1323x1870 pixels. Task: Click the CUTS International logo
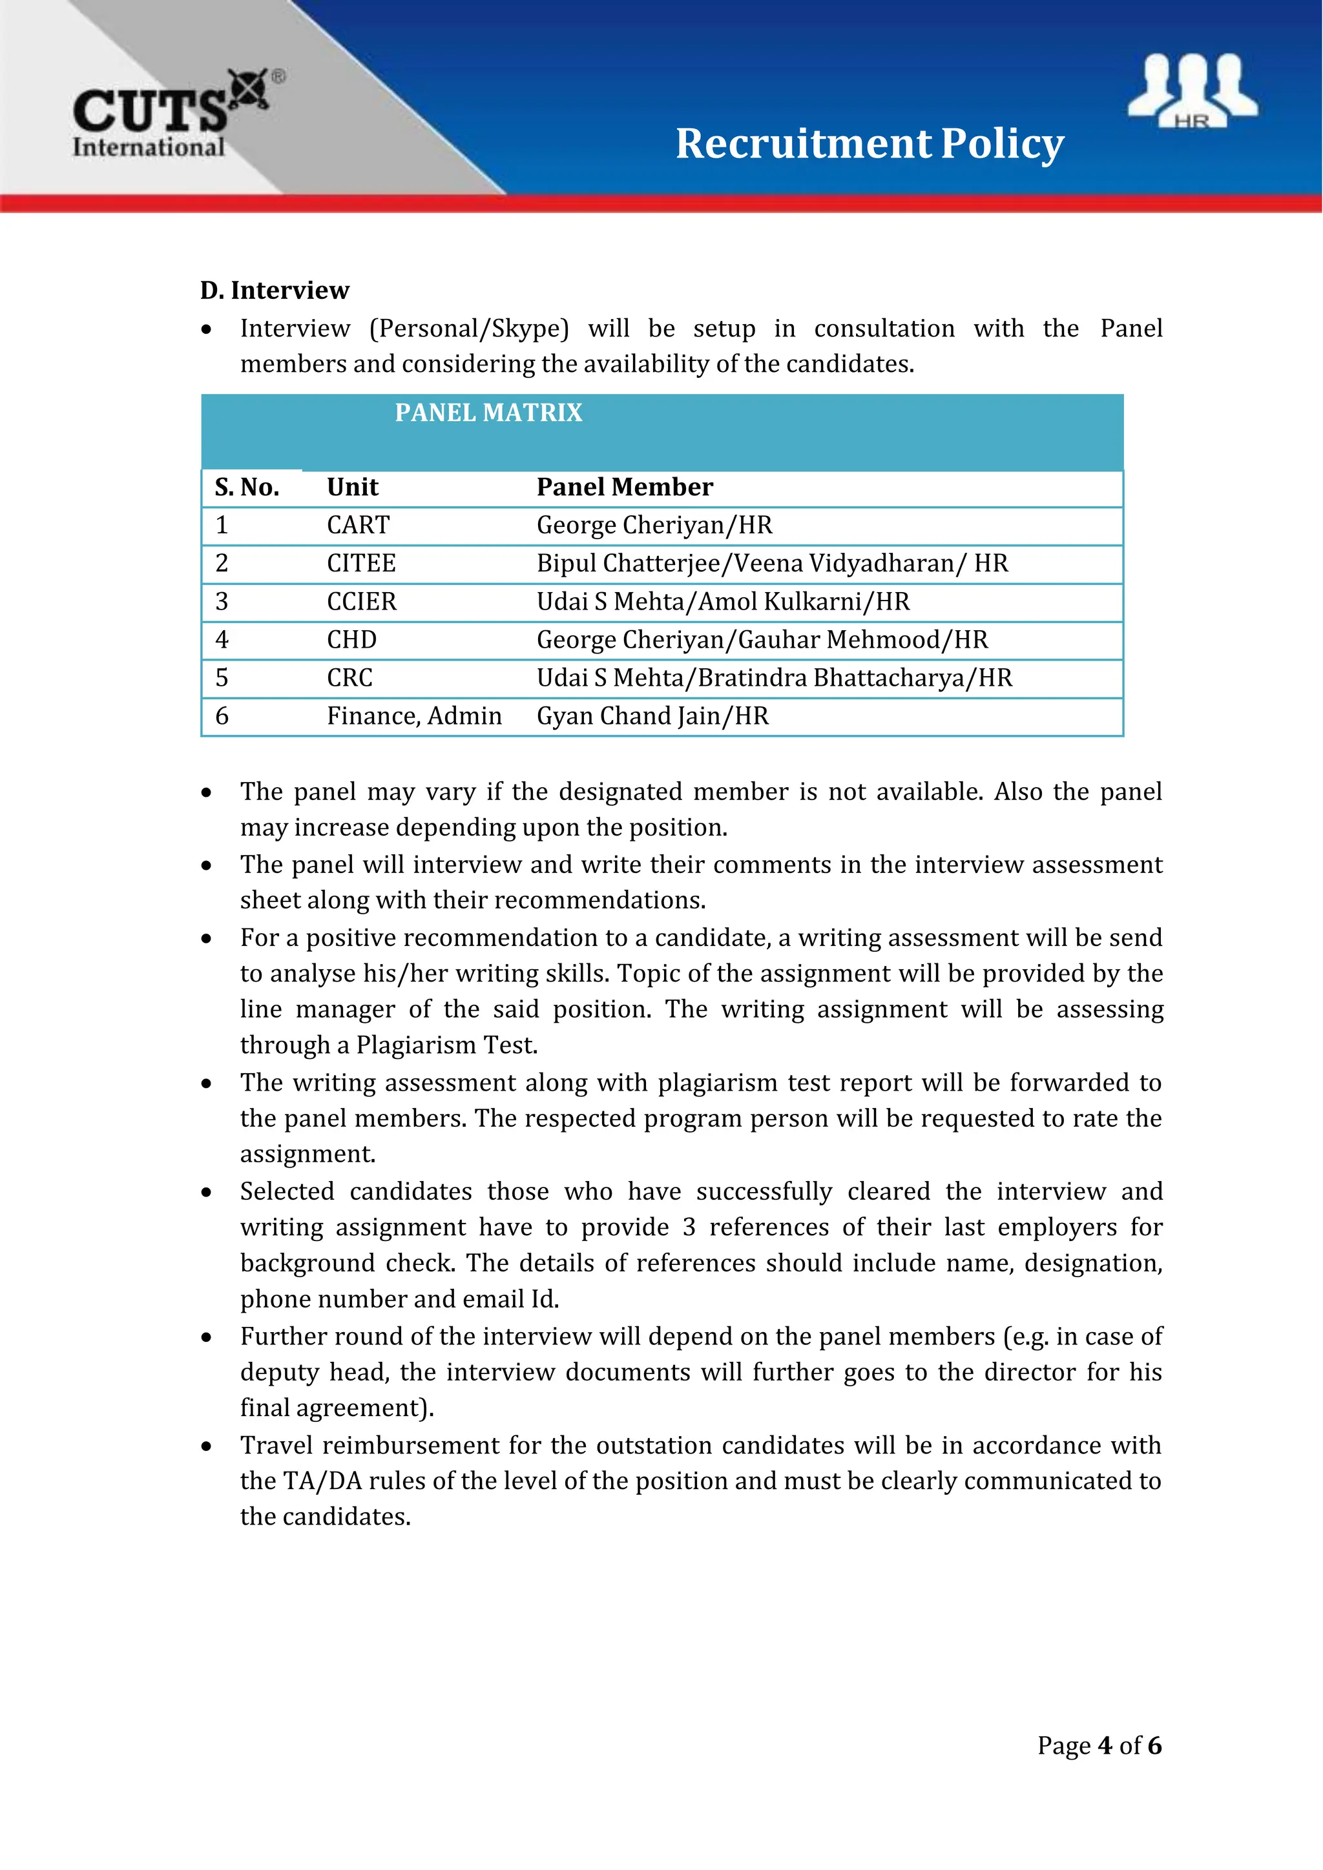tap(175, 114)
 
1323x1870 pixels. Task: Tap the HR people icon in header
tap(1192, 90)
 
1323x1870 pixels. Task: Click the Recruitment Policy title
tap(870, 143)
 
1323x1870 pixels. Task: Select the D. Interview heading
tap(275, 290)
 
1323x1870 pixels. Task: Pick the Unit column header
tap(352, 487)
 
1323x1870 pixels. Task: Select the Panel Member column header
tap(624, 487)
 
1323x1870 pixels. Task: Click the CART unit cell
tap(358, 526)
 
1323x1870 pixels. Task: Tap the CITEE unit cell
tap(361, 564)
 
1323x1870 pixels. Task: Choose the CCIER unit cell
tap(361, 602)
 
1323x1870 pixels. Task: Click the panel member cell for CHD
tap(762, 640)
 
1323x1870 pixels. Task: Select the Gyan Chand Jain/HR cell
tap(652, 717)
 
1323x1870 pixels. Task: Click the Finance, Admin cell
tap(414, 717)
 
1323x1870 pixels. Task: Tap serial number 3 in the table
tap(222, 602)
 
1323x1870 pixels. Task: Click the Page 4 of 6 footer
tap(1099, 1745)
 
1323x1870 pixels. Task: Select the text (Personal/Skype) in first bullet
tap(469, 329)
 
